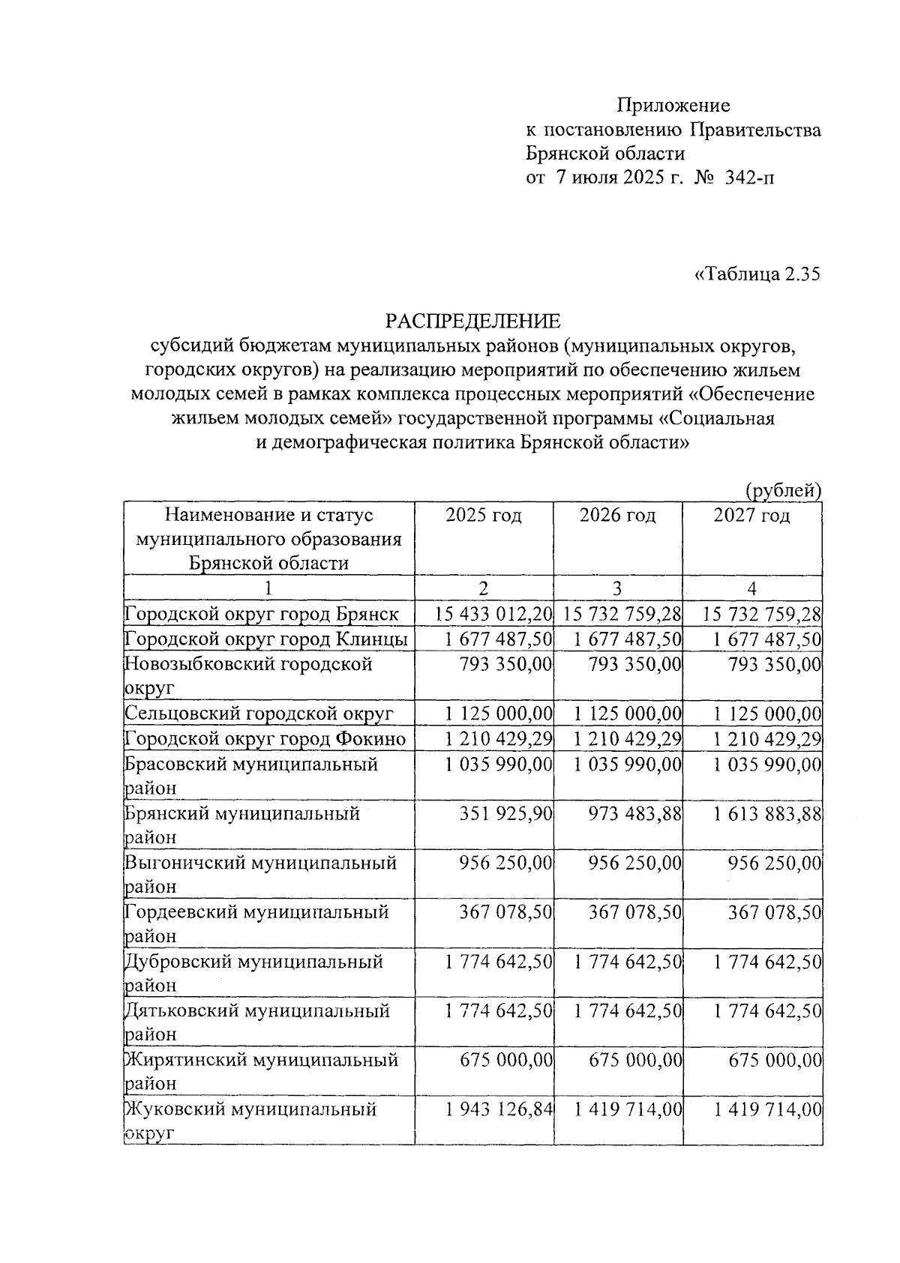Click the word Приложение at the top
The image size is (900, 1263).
tap(673, 105)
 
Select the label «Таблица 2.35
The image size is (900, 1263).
tap(757, 274)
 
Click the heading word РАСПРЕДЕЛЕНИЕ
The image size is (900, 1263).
tap(472, 322)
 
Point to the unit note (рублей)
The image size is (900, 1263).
tap(784, 490)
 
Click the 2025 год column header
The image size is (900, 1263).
tap(484, 516)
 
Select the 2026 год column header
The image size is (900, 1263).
tap(617, 516)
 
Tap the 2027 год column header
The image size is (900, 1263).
tap(751, 516)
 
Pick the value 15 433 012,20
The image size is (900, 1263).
tap(493, 615)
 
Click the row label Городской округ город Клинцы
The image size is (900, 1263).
tap(266, 639)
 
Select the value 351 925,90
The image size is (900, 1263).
tap(506, 813)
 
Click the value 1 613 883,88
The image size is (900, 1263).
tap(768, 813)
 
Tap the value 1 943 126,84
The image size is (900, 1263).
tap(499, 1109)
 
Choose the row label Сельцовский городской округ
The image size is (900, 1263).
tap(259, 714)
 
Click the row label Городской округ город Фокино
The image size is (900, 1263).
tap(265, 739)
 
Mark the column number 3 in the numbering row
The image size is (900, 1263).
tap(617, 588)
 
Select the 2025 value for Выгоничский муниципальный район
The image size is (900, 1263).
tap(506, 863)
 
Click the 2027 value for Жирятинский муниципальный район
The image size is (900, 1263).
tap(775, 1060)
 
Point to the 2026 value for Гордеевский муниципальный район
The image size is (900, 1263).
tap(635, 912)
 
